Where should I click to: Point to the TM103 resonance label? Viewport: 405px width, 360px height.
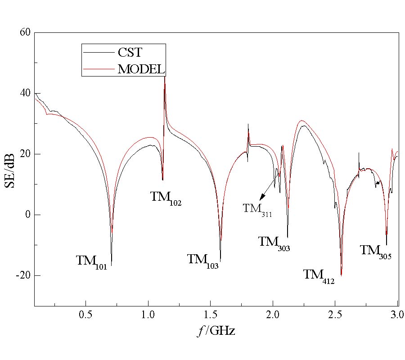(202, 260)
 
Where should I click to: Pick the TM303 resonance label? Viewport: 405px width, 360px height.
(274, 243)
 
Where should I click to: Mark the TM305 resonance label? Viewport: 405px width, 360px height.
(375, 251)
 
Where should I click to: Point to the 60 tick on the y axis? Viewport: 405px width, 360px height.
(25, 32)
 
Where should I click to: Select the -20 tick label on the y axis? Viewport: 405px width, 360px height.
(22, 275)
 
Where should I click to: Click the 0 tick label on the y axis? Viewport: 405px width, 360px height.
(27, 215)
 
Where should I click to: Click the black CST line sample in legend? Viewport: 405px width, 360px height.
(96, 52)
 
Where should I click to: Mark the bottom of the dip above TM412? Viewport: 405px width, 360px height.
(341, 275)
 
